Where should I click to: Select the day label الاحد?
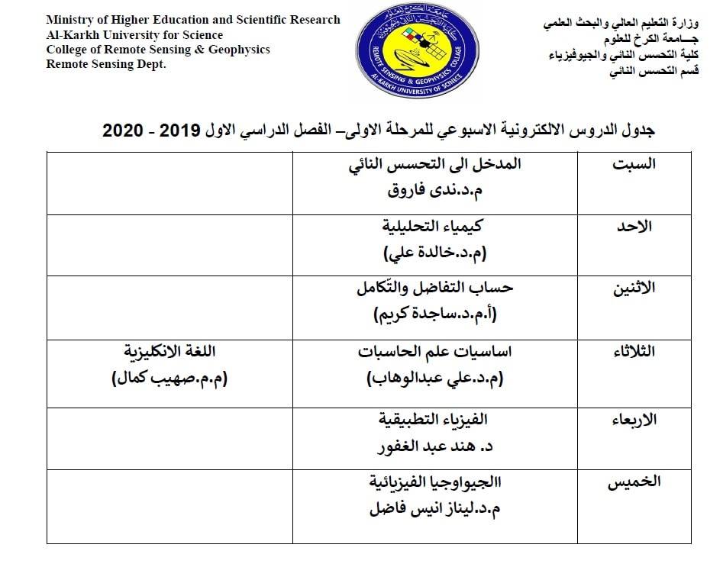[634, 227]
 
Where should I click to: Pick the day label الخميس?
[634, 481]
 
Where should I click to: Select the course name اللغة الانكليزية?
[170, 352]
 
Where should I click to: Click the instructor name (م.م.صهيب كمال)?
[170, 378]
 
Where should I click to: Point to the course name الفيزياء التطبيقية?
[434, 419]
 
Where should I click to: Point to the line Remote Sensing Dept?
[106, 64]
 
